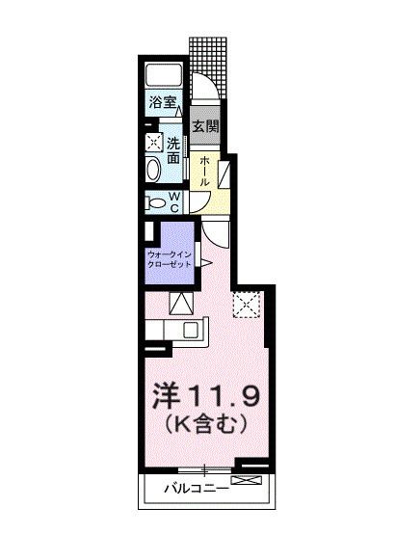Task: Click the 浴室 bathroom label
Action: coord(161,100)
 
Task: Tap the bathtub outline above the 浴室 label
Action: coord(165,76)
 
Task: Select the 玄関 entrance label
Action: coord(203,126)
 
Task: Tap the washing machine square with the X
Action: coord(154,142)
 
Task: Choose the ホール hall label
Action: coord(204,171)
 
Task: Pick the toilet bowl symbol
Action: coord(154,201)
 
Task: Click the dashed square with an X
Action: coord(248,305)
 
